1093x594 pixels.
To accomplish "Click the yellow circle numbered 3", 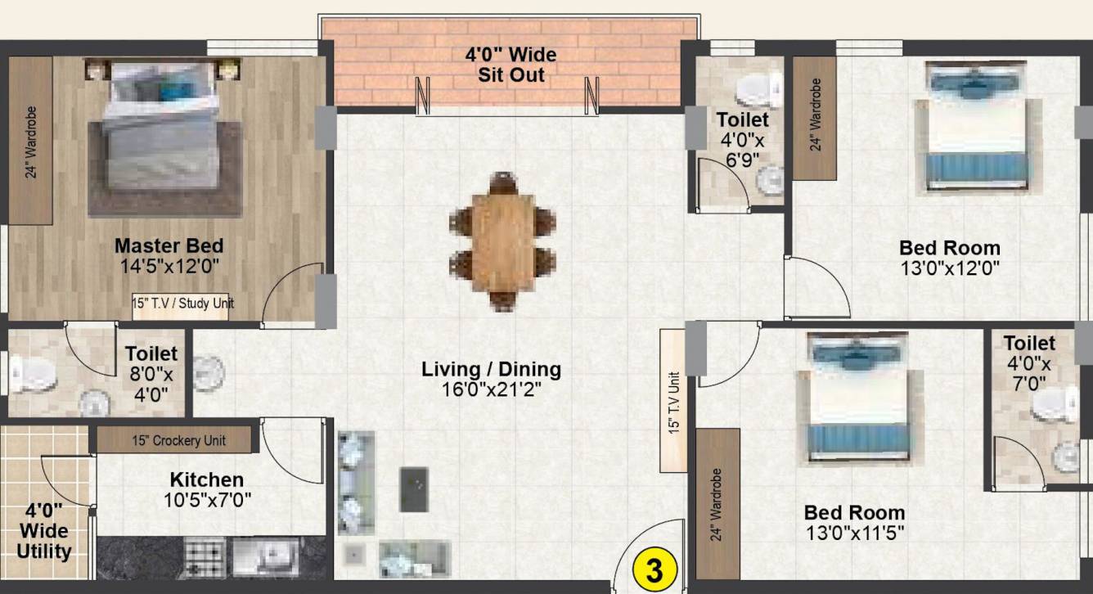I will coord(654,569).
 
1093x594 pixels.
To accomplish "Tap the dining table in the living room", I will coord(502,241).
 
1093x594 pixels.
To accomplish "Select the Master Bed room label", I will coord(169,245).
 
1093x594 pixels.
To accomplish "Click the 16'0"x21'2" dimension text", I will coord(491,389).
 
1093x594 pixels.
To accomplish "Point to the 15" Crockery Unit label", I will coord(178,440).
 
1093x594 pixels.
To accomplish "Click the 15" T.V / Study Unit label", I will coord(183,303).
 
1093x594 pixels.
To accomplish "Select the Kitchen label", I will coord(206,479).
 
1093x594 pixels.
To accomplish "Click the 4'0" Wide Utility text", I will coord(44,532).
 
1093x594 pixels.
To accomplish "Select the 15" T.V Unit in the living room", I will coord(673,401).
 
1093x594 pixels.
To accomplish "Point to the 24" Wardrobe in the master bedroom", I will coord(31,141).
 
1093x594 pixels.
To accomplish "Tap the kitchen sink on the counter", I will coord(267,558).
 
